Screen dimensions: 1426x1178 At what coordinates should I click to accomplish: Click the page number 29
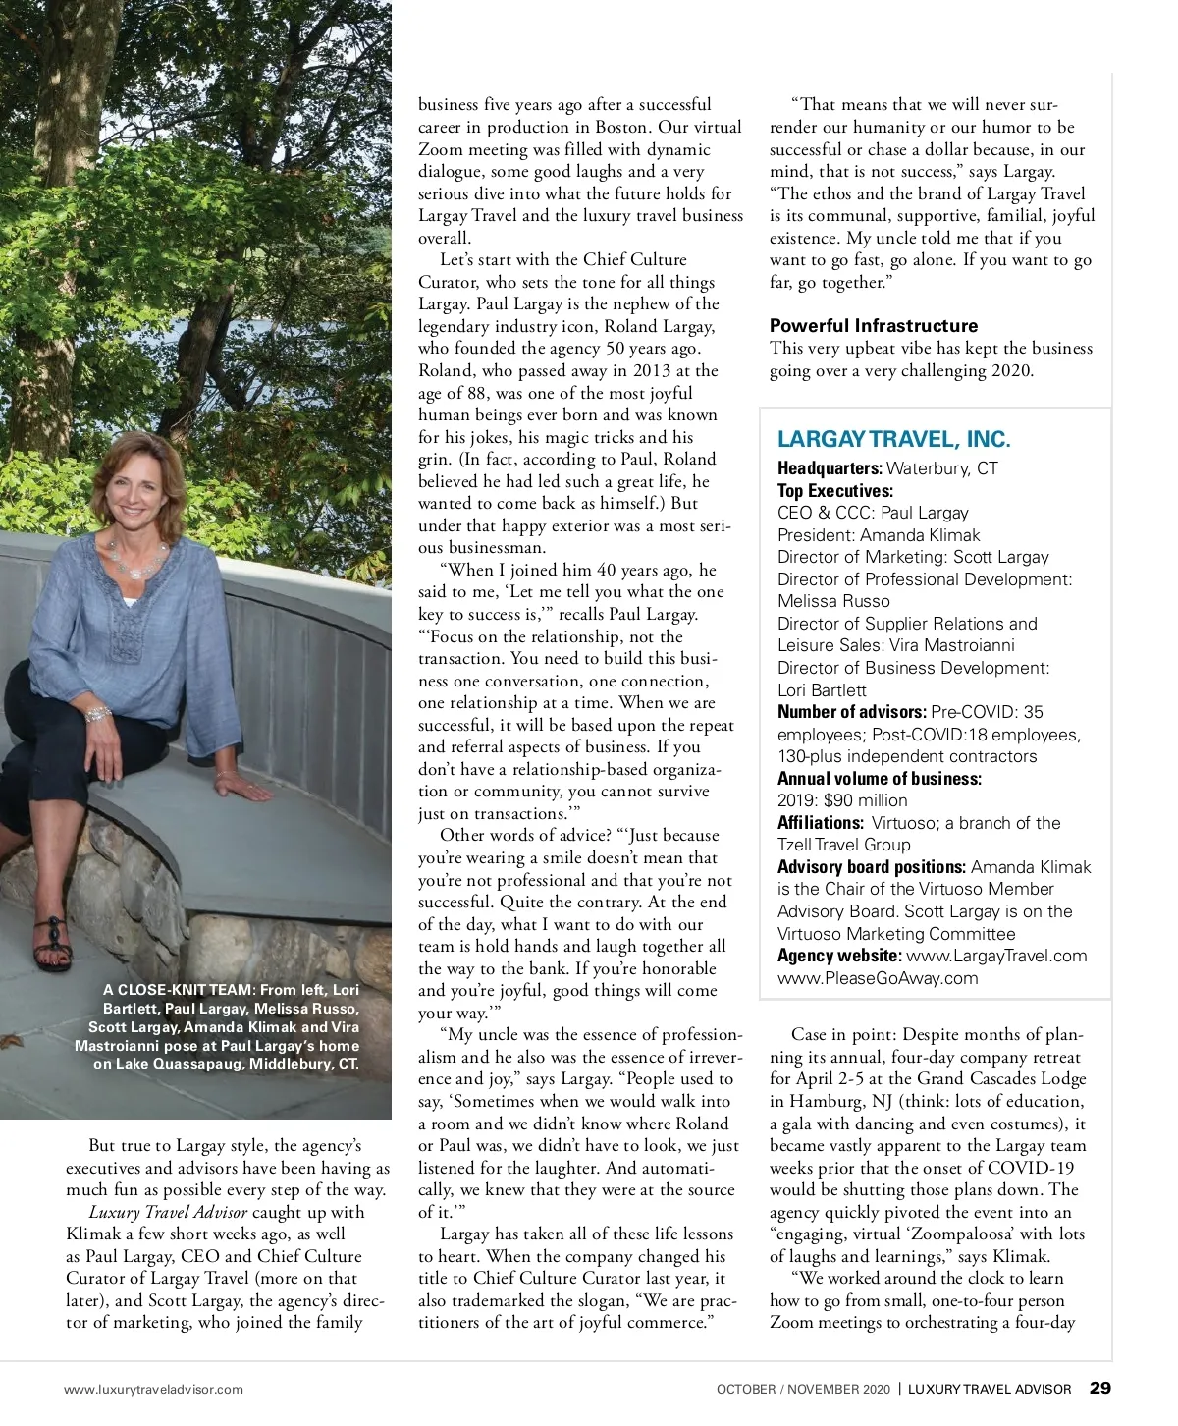[x=1100, y=1388]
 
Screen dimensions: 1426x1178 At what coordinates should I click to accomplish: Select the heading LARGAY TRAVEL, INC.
[x=893, y=439]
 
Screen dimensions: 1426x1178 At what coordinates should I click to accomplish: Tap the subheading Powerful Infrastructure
[x=874, y=325]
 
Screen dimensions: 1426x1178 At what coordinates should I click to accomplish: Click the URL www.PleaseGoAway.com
[x=878, y=978]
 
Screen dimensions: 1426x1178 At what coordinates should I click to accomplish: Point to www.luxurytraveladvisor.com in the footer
[x=153, y=1389]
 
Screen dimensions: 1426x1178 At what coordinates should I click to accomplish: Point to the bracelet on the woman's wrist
[x=99, y=713]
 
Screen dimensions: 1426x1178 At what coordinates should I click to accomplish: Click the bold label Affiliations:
[x=821, y=823]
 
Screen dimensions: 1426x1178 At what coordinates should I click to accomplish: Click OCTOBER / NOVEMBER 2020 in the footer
[x=803, y=1389]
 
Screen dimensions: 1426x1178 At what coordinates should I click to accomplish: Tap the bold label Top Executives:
[x=835, y=491]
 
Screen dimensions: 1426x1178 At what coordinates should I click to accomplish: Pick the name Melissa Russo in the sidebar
[x=833, y=601]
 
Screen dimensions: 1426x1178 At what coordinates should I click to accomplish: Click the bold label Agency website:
[x=839, y=956]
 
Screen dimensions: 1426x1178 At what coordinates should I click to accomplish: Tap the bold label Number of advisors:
[x=851, y=712]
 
